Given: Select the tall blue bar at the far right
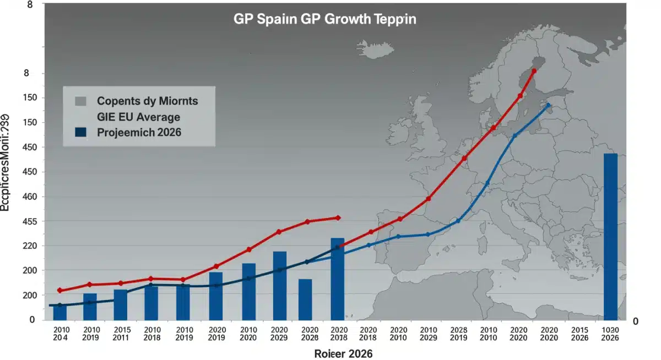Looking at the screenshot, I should (610, 237).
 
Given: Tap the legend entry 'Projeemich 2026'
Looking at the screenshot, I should (139, 132).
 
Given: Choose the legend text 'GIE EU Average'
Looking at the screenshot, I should (138, 117).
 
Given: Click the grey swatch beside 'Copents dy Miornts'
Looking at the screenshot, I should (80, 101).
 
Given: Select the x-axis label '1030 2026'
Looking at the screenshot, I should (610, 334).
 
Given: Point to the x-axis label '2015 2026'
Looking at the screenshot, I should (579, 334).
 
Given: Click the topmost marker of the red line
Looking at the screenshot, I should (534, 70).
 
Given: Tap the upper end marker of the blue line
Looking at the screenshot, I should (548, 105).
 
